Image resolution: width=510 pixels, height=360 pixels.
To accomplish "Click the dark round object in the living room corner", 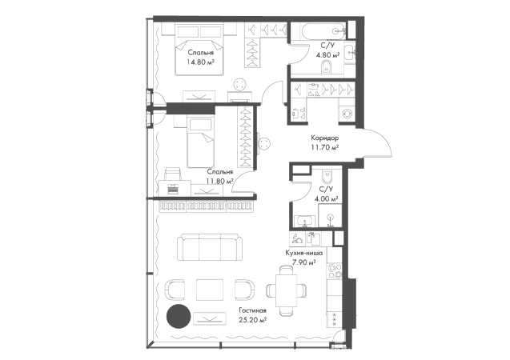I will coord(177,317).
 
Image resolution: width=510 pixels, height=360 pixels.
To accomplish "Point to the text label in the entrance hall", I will coord(323,142).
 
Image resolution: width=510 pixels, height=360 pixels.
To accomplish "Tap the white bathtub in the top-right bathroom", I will coord(319,33).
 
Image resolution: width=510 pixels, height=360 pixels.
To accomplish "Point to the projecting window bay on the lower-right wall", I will coord(354,302).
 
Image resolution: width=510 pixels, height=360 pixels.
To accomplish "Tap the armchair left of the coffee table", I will coord(176,286).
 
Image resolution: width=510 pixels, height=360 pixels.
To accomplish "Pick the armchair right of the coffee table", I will coord(243,286).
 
